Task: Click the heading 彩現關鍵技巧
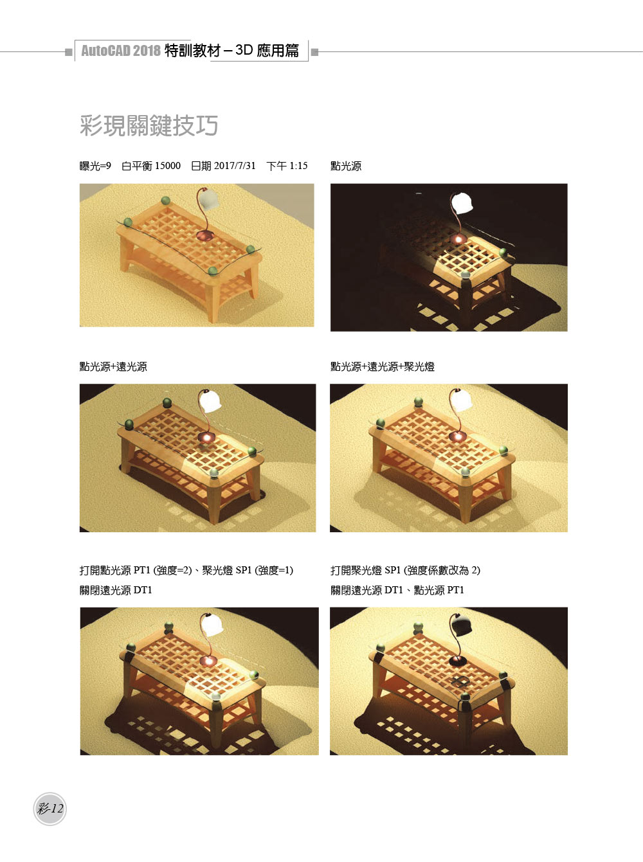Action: [x=149, y=125]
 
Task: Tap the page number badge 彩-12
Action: [x=50, y=809]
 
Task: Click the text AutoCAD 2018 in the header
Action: [x=121, y=51]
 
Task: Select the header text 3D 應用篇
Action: [x=267, y=51]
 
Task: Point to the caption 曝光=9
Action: [x=95, y=166]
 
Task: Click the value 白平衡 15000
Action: [x=151, y=166]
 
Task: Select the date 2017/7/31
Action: [x=235, y=166]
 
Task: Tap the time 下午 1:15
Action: [x=287, y=166]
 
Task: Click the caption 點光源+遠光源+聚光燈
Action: [x=383, y=366]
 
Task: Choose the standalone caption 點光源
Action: [x=346, y=166]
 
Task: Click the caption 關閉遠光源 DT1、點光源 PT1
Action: [x=397, y=590]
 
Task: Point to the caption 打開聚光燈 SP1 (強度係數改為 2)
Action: [x=405, y=570]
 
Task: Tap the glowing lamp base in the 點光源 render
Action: [x=458, y=238]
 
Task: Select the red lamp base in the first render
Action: [x=204, y=235]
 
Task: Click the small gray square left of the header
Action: [x=68, y=52]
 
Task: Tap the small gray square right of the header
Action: [x=314, y=52]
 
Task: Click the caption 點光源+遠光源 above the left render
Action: [x=113, y=366]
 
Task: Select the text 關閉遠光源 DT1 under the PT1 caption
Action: [x=116, y=590]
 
